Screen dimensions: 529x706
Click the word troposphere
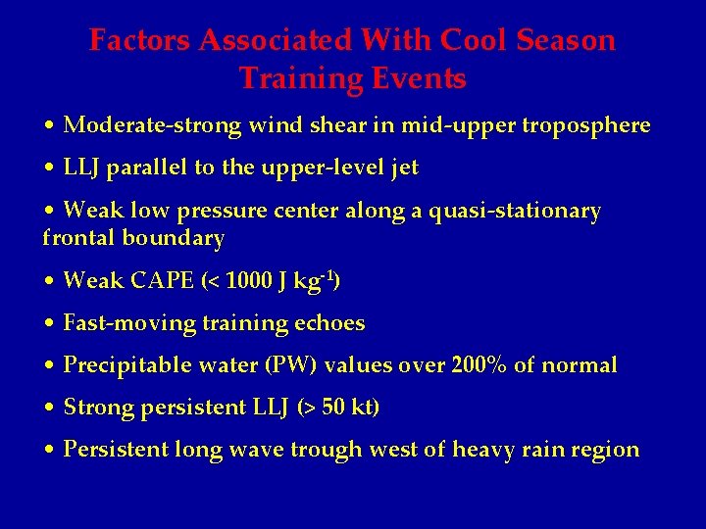coord(585,126)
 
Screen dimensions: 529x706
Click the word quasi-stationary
coord(516,212)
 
